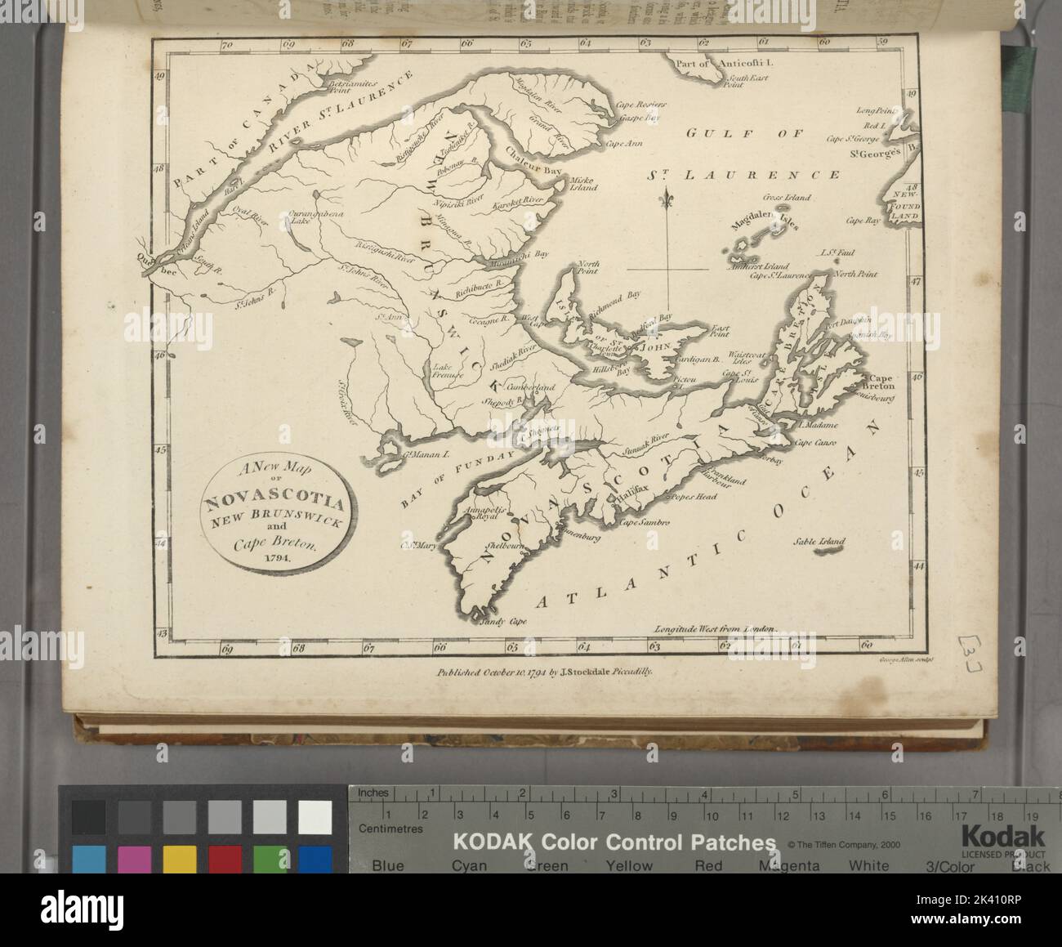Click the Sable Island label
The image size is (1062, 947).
(x=819, y=541)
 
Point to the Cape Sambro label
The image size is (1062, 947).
(x=645, y=521)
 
